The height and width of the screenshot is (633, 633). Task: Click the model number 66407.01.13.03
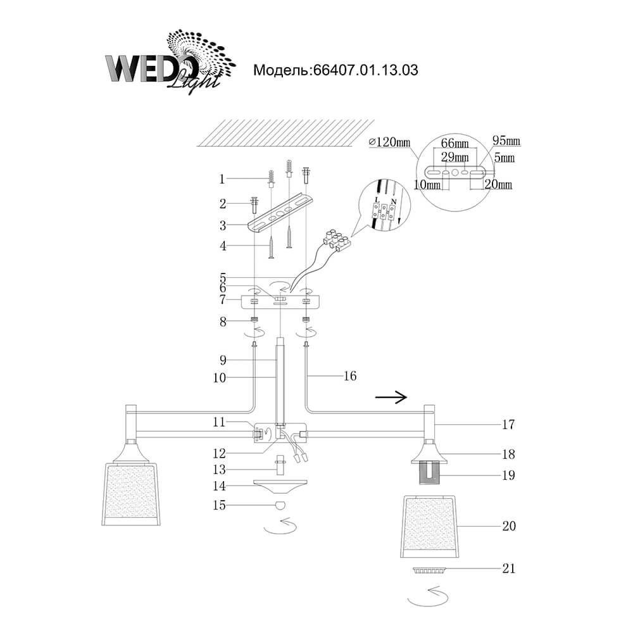click(335, 70)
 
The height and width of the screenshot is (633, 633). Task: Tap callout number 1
click(222, 179)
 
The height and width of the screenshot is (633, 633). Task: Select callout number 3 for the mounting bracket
click(222, 225)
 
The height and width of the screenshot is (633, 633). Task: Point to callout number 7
click(222, 299)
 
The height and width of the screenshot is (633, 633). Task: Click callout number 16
click(349, 376)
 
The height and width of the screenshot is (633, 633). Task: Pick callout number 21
click(508, 568)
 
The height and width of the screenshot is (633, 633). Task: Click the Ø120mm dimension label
click(389, 142)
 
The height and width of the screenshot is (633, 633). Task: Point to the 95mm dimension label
click(506, 141)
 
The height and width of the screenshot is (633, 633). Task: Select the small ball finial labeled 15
click(279, 505)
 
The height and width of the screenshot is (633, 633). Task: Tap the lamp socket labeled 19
click(430, 474)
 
